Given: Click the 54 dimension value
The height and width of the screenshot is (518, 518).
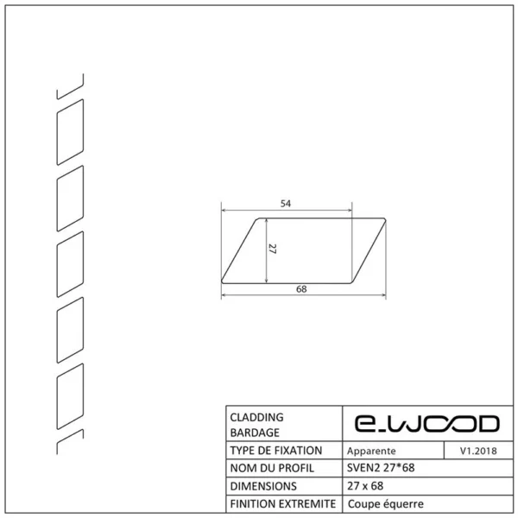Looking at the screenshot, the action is [x=286, y=204].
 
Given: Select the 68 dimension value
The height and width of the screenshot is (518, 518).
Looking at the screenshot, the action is [x=301, y=289].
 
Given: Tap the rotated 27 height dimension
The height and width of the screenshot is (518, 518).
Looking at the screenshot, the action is [x=272, y=249].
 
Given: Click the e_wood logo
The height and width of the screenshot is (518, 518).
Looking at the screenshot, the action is [x=426, y=424].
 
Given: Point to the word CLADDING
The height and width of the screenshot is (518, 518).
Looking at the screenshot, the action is [x=256, y=417].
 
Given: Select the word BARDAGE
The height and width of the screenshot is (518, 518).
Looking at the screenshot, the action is [x=255, y=433].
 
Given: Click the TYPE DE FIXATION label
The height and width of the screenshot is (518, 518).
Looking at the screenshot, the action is [x=276, y=451].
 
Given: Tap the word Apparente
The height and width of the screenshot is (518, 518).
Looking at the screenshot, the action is [x=371, y=451].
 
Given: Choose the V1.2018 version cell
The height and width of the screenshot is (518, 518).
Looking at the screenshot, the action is [x=478, y=451].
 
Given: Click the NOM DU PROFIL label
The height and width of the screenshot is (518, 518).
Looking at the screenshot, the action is [x=272, y=468].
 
